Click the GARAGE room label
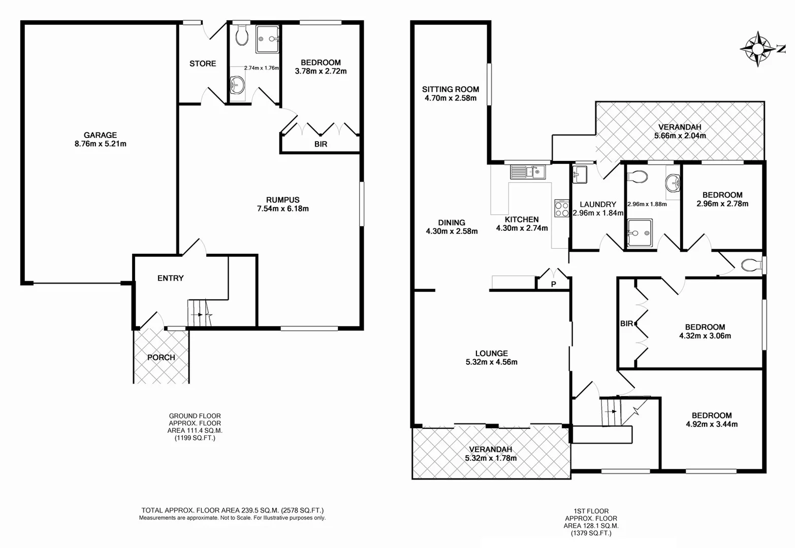pos(100,135)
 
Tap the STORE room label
pos(203,63)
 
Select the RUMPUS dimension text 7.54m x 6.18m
pos(283,209)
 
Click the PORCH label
pos(161,357)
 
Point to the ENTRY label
pos(170,278)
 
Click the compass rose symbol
pos(757,49)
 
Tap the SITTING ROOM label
pos(451,89)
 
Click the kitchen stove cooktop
pos(562,209)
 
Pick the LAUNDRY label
pos(597,204)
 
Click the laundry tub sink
pos(580,175)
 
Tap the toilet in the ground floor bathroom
pos(241,36)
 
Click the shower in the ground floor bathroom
pos(267,39)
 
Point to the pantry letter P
pos(553,285)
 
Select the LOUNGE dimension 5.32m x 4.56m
pos(491,362)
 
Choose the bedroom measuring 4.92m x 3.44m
pos(711,420)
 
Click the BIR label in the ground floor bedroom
pos(321,144)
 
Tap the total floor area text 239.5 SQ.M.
pos(232,510)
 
